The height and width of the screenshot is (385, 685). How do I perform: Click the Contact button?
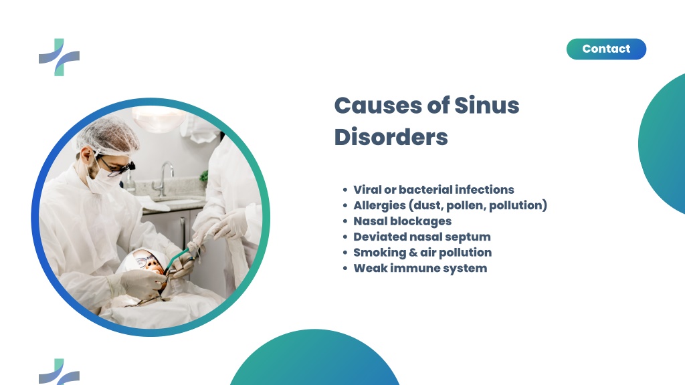[x=606, y=49]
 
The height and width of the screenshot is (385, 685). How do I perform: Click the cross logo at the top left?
[x=59, y=57]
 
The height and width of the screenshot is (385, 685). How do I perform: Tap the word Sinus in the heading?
[x=487, y=105]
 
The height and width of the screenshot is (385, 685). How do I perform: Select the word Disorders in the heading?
[x=391, y=137]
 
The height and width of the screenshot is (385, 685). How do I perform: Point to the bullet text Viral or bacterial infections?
[x=433, y=189]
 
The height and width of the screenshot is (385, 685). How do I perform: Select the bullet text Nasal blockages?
[x=402, y=221]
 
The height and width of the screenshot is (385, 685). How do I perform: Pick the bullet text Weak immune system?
[x=420, y=268]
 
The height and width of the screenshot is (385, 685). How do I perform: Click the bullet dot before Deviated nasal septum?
[x=345, y=237]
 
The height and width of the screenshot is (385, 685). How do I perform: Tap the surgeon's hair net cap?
[x=108, y=136]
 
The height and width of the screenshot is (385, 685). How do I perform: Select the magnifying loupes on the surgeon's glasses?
[x=126, y=168]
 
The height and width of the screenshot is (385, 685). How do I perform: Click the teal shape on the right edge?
[x=662, y=144]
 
